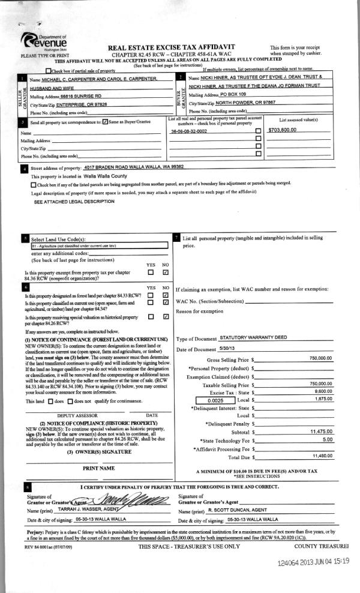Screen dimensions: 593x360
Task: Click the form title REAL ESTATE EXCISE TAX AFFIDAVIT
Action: (171, 47)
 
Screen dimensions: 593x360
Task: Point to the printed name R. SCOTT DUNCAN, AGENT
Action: (237, 509)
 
